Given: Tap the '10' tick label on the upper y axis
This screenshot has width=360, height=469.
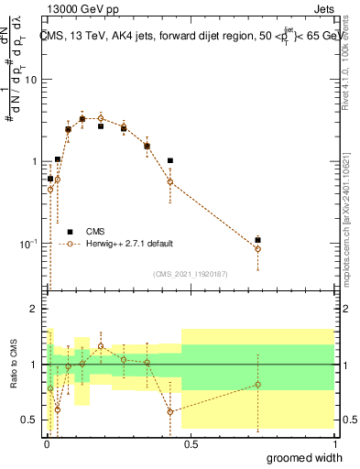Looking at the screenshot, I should (30, 80).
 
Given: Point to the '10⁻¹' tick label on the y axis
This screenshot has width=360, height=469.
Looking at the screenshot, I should (28, 245).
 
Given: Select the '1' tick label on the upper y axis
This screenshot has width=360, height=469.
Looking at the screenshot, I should (34, 162).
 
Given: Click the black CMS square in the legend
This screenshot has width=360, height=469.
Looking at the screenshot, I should (70, 231).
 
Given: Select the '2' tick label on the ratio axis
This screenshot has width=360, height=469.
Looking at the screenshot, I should (35, 310).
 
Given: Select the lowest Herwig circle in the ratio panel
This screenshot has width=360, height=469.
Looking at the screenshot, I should (170, 411).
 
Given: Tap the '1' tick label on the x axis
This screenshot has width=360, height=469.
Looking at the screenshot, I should (333, 445).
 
